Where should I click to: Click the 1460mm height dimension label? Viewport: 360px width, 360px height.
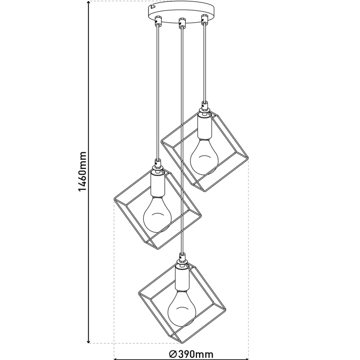82,171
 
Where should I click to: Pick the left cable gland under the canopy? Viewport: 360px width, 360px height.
158,21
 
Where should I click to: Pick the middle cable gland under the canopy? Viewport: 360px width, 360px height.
182,23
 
